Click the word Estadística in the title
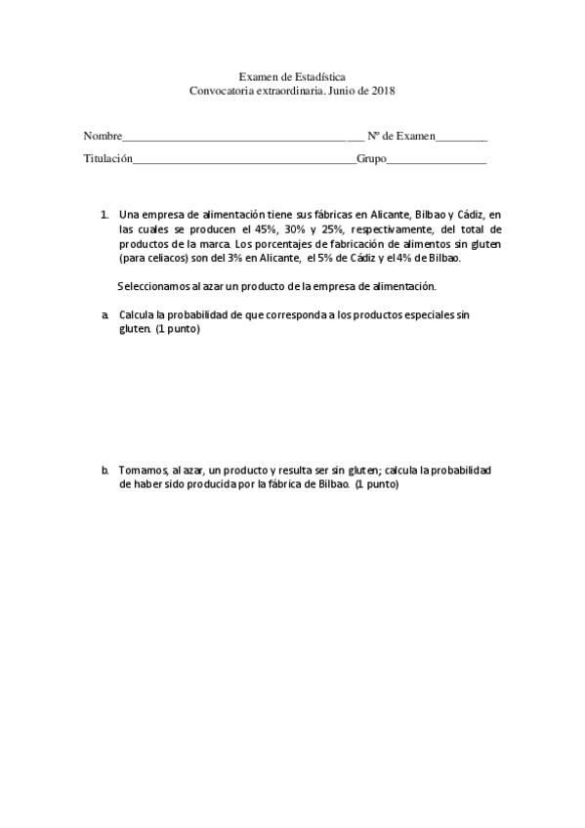pyautogui.click(x=320, y=76)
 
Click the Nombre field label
pyautogui.click(x=103, y=137)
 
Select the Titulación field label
pyautogui.click(x=107, y=158)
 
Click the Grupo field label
pyautogui.click(x=371, y=158)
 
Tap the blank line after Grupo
pyautogui.click(x=437, y=160)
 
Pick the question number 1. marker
pyautogui.click(x=104, y=214)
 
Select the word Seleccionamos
pyautogui.click(x=154, y=287)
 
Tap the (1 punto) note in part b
pyautogui.click(x=378, y=484)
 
